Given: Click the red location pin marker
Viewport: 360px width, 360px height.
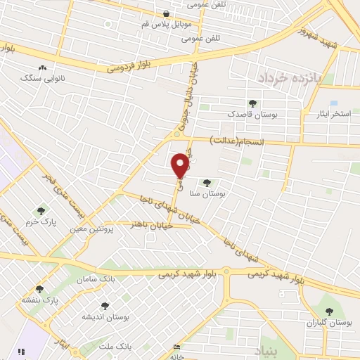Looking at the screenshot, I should tap(181, 165).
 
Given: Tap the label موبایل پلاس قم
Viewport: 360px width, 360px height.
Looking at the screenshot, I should tap(165, 24).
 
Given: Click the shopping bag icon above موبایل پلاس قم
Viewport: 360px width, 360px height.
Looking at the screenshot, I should tap(165, 13).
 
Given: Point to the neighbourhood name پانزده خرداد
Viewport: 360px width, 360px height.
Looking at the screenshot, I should tap(289, 77).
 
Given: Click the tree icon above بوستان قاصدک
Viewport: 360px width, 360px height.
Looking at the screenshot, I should tap(252, 103).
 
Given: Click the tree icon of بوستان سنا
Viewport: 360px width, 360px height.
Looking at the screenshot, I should tap(207, 183).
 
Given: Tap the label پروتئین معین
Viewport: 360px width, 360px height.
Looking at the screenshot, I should tap(93, 229).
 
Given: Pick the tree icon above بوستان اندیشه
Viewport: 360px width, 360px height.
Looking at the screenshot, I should tap(105, 305).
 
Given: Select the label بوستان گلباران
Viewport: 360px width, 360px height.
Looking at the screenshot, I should tap(328, 323).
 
